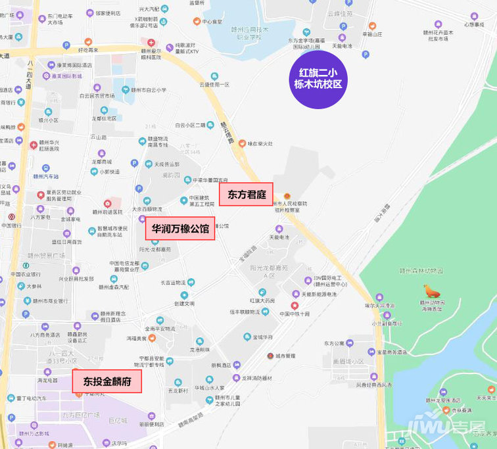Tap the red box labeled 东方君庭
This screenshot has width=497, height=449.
246,194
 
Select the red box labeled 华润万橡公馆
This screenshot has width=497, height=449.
180,229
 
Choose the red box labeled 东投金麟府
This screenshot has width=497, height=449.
107,381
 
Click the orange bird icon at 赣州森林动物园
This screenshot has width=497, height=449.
432,291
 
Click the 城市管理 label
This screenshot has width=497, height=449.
285,356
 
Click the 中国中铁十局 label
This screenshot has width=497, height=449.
295,314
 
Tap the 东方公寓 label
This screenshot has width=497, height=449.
333,343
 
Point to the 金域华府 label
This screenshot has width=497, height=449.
258,337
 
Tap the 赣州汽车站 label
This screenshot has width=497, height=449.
46,176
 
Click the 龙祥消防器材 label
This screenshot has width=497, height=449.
256,378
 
